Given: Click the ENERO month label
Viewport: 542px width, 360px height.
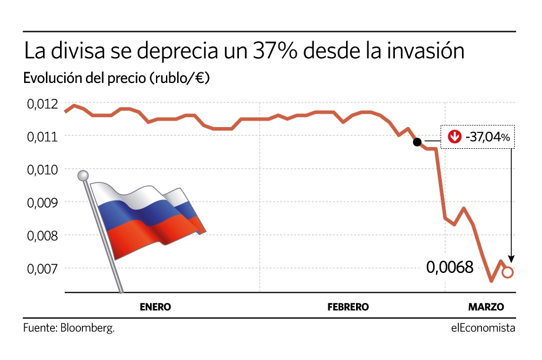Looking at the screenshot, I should (155, 307).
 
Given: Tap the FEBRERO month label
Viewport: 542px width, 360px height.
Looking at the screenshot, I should (348, 307).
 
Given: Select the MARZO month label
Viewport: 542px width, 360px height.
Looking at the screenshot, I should (486, 307).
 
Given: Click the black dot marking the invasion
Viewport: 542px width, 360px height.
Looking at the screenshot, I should (417, 142).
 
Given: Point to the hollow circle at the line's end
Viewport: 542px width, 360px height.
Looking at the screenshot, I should (508, 272).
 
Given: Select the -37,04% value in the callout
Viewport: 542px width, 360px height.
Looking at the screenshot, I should (486, 137).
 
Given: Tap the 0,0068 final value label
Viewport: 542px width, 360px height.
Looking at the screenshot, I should (450, 268).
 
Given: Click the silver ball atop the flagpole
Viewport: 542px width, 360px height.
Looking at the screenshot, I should (83, 175).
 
